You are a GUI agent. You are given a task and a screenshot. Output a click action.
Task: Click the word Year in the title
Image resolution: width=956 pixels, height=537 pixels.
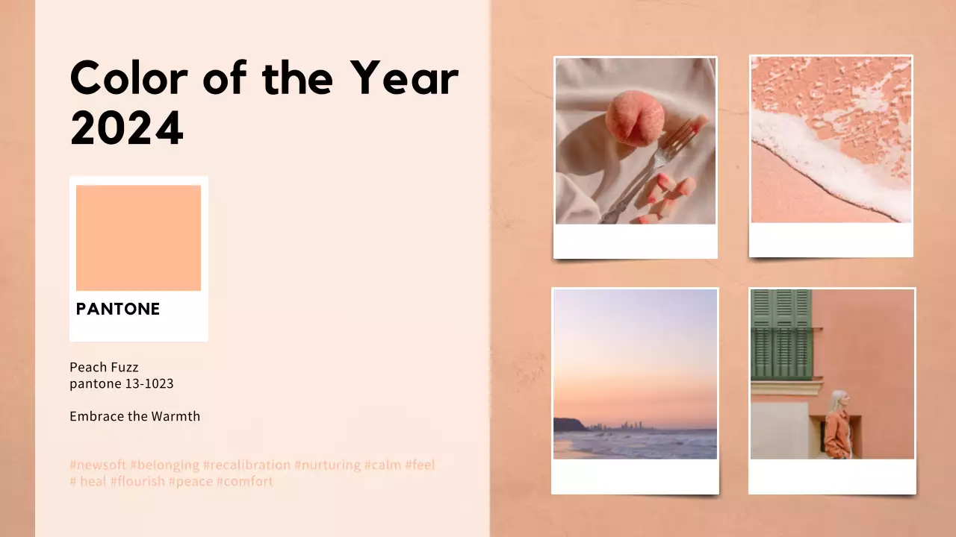coord(404,78)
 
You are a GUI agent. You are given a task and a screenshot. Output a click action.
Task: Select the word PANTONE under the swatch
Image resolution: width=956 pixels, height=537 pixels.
coord(118,309)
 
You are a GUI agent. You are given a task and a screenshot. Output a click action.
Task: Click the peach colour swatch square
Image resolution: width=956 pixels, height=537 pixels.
coord(138,237)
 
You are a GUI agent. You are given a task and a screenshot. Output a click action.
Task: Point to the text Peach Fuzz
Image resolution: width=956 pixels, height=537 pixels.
coord(104,367)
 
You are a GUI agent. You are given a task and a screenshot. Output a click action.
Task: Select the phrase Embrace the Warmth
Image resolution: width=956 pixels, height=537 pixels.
coord(134,416)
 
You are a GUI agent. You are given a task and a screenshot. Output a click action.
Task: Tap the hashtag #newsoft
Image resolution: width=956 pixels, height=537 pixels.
coord(98,465)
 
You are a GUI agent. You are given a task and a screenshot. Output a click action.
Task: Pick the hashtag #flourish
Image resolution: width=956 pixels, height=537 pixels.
coord(137,482)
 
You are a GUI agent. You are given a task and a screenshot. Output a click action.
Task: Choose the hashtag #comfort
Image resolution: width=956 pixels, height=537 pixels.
coord(245,482)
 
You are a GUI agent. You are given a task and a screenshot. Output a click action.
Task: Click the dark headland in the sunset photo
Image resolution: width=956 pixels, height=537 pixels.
coord(568,425)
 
